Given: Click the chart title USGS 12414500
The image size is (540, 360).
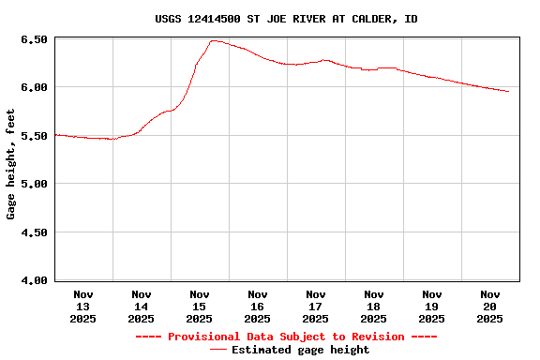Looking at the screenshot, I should click(286, 19).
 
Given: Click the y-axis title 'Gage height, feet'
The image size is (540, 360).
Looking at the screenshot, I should click(11, 164).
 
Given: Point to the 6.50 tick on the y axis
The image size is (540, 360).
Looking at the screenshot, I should click(34, 39).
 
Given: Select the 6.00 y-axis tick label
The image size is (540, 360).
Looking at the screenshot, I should click(34, 87).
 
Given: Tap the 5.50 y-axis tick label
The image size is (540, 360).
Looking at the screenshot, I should click(34, 136).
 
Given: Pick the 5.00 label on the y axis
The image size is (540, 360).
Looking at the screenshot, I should click(34, 184).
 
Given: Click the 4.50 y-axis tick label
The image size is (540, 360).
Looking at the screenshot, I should click(34, 232).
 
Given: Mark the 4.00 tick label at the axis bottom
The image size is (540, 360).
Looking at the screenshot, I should click(34, 279).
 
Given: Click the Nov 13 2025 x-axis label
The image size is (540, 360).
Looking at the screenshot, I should click(83, 307).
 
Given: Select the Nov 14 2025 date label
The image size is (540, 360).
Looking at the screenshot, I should click(142, 307).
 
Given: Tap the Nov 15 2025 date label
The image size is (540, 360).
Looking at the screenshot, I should click(200, 307).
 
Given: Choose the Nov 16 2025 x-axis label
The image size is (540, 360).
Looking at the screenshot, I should click(258, 307).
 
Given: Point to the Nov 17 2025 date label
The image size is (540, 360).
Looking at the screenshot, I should click(316, 307).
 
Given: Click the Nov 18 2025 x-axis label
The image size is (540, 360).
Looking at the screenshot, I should click(374, 307).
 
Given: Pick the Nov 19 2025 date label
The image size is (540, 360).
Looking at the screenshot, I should click(432, 307).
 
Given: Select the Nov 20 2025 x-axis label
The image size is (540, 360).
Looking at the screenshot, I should click(490, 307).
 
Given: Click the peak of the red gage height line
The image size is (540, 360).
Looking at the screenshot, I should click(215, 40).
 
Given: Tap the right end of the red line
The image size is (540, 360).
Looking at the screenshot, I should click(508, 92).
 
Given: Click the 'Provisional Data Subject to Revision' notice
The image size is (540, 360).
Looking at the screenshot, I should click(286, 337).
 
